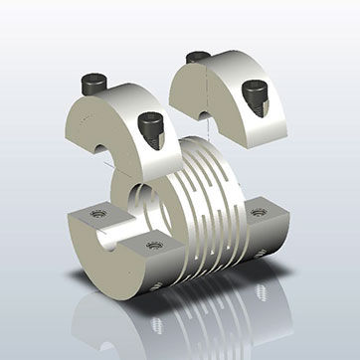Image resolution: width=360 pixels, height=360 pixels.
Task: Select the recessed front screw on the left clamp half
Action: (x=152, y=127)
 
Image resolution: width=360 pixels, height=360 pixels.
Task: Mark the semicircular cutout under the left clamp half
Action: (x=102, y=152)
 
